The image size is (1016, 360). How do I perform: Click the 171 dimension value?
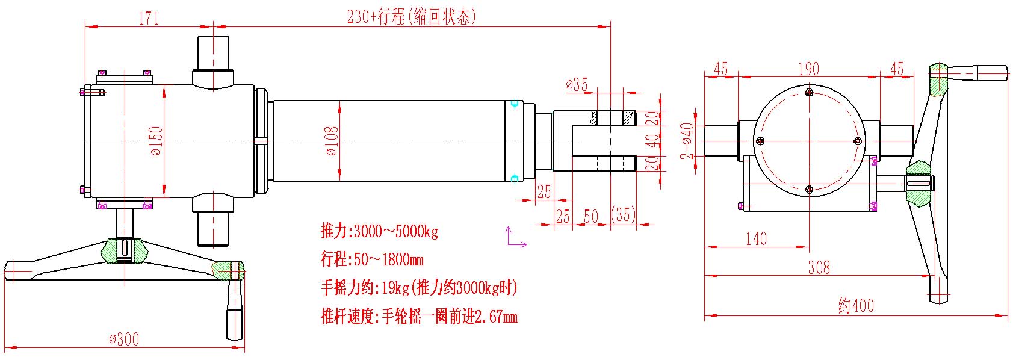[x=149, y=18]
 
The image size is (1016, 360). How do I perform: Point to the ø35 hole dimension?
[x=577, y=84]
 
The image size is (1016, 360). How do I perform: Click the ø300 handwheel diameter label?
[x=124, y=339]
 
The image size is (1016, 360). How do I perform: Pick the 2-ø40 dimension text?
[x=687, y=141]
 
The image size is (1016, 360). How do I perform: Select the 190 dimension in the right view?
[x=808, y=69]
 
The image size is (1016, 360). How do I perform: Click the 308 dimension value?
[x=819, y=267]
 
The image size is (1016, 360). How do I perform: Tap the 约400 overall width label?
[x=856, y=306]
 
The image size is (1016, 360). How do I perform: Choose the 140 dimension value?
[x=756, y=239]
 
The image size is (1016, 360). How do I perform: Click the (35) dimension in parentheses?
[x=623, y=215]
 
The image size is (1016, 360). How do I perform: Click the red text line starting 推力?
[x=379, y=231]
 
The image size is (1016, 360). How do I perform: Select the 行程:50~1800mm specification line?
[x=372, y=259]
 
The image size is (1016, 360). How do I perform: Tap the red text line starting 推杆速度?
[x=419, y=316]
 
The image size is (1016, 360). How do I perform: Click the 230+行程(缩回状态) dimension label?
[x=411, y=17]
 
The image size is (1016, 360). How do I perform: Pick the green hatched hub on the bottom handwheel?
[x=124, y=250]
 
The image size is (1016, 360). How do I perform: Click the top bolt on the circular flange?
[x=809, y=92]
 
